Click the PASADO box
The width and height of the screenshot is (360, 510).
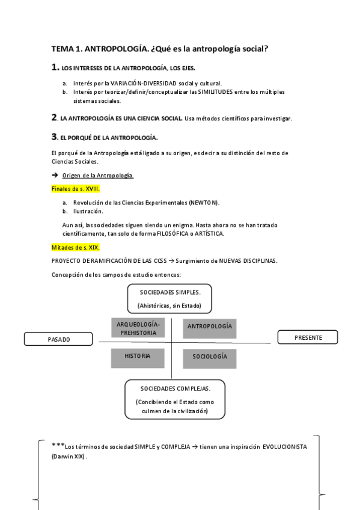pyautogui.click(x=58, y=339)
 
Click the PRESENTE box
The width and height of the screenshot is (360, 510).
pyautogui.click(x=308, y=337)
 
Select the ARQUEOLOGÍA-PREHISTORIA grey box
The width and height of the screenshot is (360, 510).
pyautogui.click(x=137, y=328)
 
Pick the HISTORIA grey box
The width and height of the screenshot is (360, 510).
pyautogui.click(x=137, y=357)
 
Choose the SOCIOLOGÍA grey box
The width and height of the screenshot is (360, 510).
pyautogui.click(x=210, y=357)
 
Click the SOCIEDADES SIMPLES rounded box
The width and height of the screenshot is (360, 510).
pyautogui.click(x=169, y=298)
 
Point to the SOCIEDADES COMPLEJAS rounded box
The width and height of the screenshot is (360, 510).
pyautogui.click(x=175, y=399)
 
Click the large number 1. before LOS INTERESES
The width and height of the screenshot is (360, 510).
pyautogui.click(x=55, y=68)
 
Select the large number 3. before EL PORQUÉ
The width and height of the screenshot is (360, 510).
pyautogui.click(x=55, y=137)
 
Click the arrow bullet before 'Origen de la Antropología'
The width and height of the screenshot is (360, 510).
pyautogui.click(x=55, y=175)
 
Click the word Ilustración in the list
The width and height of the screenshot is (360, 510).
pyautogui.click(x=88, y=211)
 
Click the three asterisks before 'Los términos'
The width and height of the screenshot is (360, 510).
pyautogui.click(x=58, y=445)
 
